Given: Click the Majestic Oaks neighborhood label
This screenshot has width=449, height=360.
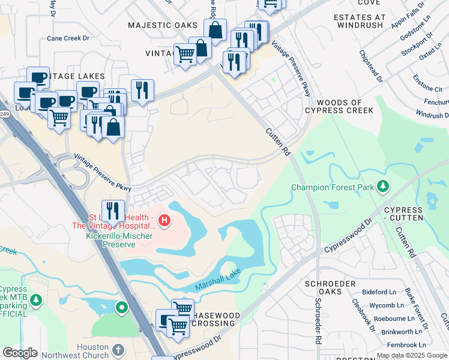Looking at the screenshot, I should pyautogui.click(x=163, y=25).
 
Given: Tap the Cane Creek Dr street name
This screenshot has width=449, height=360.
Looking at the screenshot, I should pyautogui.click(x=68, y=38).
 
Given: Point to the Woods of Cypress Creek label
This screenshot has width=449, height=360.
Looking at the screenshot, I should pyautogui.click(x=339, y=106).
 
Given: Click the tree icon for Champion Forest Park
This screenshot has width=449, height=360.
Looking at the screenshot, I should pyautogui.click(x=382, y=187).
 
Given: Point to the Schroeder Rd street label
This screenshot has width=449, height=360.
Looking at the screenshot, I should pyautogui.click(x=317, y=322).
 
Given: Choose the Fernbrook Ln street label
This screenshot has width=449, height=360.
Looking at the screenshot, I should pyautogui.click(x=406, y=345).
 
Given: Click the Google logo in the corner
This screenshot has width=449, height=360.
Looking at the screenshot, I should pyautogui.click(x=20, y=353).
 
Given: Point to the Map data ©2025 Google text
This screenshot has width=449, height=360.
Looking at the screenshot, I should pyautogui.click(x=411, y=355).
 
